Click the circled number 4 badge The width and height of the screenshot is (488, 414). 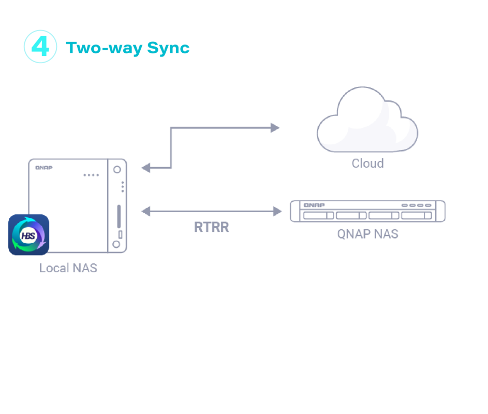[x=40, y=47]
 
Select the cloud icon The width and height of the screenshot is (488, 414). [x=367, y=121]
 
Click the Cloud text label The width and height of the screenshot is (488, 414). [x=367, y=164]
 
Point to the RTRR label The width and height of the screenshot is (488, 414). [x=211, y=227]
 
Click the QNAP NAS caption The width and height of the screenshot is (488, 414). [x=367, y=234]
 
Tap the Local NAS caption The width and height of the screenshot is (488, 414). [x=68, y=268]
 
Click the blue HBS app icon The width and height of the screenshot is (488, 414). [x=29, y=235]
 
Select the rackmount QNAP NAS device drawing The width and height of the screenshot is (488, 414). [x=367, y=211]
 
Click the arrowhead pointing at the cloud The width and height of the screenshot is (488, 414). [x=275, y=128]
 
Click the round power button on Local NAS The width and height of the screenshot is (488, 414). [x=117, y=169]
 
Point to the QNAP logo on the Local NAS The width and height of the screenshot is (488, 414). [x=44, y=168]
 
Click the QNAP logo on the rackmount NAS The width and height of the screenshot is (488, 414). [x=314, y=205]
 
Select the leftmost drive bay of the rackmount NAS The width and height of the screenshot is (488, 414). [x=318, y=215]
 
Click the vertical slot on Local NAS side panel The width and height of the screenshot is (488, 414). [x=120, y=216]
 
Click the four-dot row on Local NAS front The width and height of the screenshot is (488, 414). [x=91, y=175]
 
